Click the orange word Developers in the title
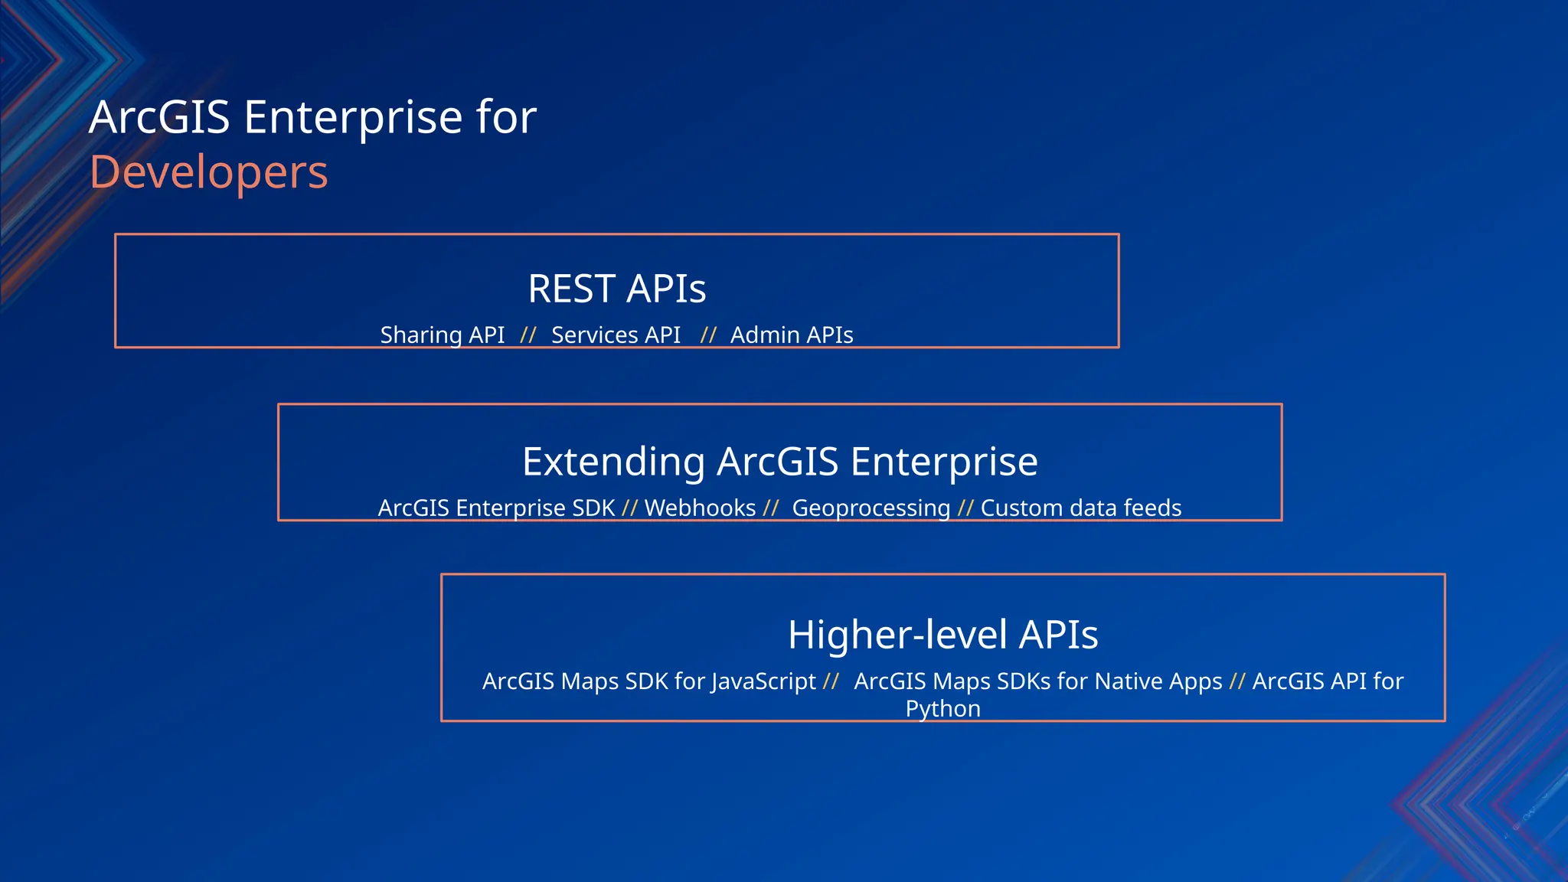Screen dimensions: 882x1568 click(x=208, y=172)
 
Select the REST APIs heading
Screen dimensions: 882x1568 click(x=616, y=289)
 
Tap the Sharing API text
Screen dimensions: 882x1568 click(x=443, y=335)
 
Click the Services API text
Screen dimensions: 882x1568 click(x=616, y=335)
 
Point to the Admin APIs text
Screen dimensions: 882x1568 click(x=791, y=335)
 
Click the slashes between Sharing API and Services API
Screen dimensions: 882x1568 click(x=528, y=335)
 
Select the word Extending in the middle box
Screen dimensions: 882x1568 click(x=613, y=462)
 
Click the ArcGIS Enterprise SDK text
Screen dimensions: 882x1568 click(x=496, y=508)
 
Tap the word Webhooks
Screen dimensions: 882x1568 click(x=700, y=508)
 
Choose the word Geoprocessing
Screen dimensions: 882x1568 click(x=871, y=508)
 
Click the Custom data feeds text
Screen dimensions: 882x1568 click(x=1080, y=508)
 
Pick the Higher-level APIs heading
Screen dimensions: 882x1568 click(x=942, y=635)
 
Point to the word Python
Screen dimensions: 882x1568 click(x=942, y=708)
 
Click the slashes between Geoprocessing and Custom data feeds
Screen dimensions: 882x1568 click(x=965, y=508)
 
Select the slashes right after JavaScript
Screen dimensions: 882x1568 click(x=831, y=681)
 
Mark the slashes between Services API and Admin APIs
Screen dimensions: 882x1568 click(x=707, y=335)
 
